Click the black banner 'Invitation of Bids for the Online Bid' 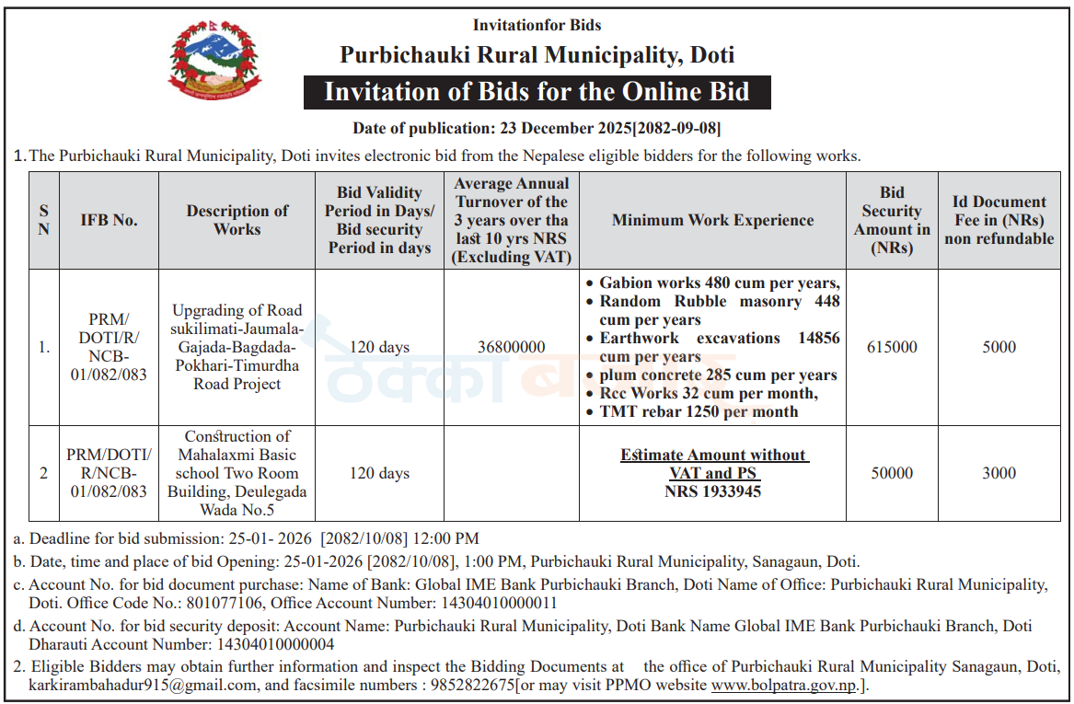click(x=537, y=93)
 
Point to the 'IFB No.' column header click(x=109, y=220)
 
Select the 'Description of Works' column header click(x=237, y=220)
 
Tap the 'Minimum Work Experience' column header click(x=712, y=220)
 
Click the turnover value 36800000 click(x=512, y=347)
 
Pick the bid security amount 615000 click(x=892, y=347)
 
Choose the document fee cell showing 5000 click(x=999, y=347)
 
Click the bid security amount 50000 click(x=892, y=473)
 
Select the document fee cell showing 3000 click(x=999, y=473)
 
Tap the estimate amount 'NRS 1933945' click(x=713, y=491)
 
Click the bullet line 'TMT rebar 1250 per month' click(x=699, y=411)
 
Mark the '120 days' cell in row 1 click(x=379, y=347)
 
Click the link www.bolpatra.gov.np click(x=776, y=686)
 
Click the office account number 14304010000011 click(x=497, y=604)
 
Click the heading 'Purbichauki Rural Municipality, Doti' click(x=537, y=55)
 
